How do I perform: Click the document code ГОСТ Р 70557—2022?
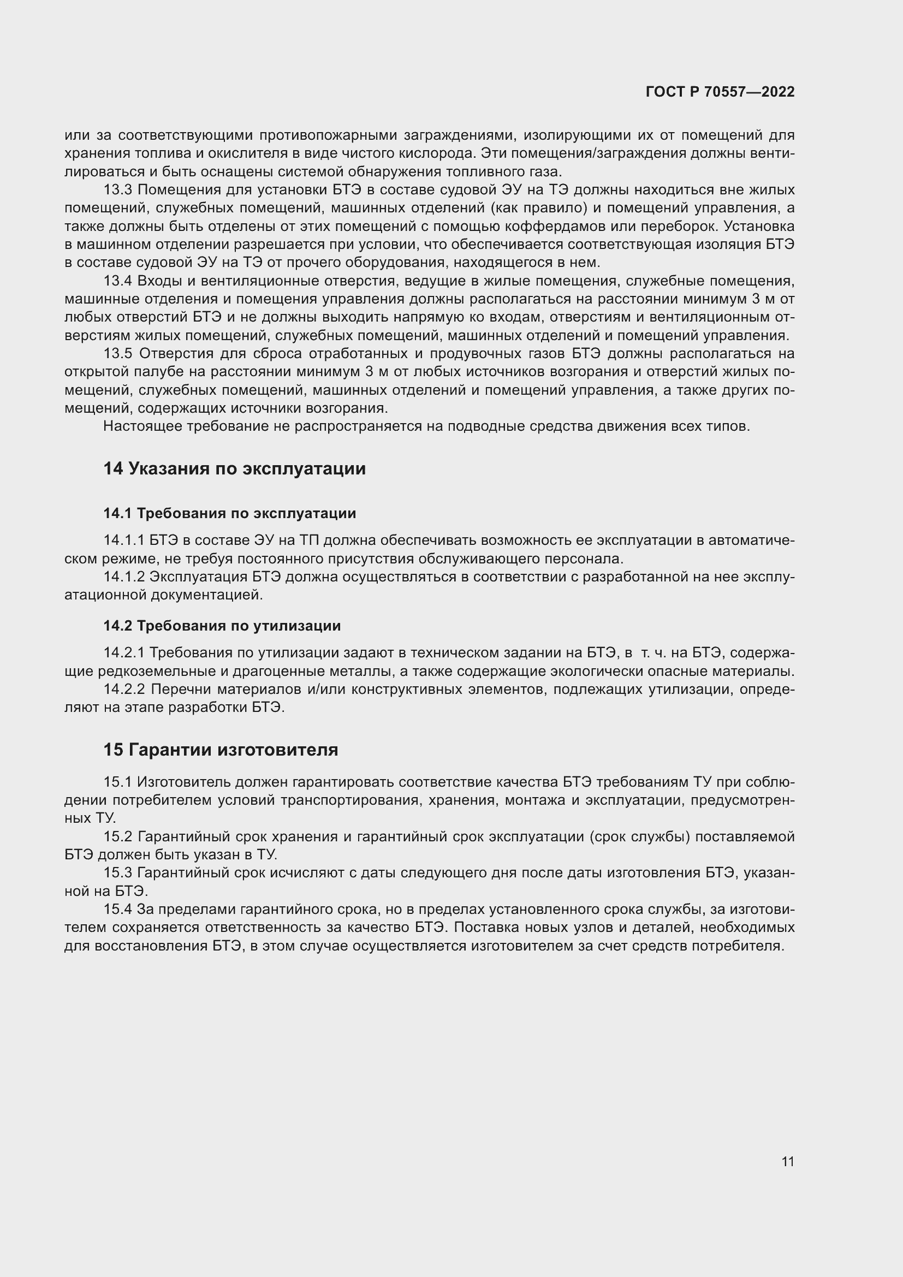[x=720, y=92]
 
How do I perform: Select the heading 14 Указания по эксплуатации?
[x=234, y=468]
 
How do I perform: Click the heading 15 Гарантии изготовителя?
[x=220, y=749]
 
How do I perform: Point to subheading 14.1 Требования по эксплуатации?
[x=229, y=513]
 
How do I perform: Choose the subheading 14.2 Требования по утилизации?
[x=221, y=626]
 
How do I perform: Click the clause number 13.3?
[x=117, y=189]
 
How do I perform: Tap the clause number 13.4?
[x=117, y=281]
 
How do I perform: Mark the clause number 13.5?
[x=117, y=354]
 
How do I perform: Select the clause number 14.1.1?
[x=124, y=540]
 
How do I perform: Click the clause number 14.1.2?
[x=124, y=577]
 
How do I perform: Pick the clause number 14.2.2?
[x=124, y=689]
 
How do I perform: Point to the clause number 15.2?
[x=117, y=836]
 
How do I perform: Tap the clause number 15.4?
[x=117, y=910]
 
